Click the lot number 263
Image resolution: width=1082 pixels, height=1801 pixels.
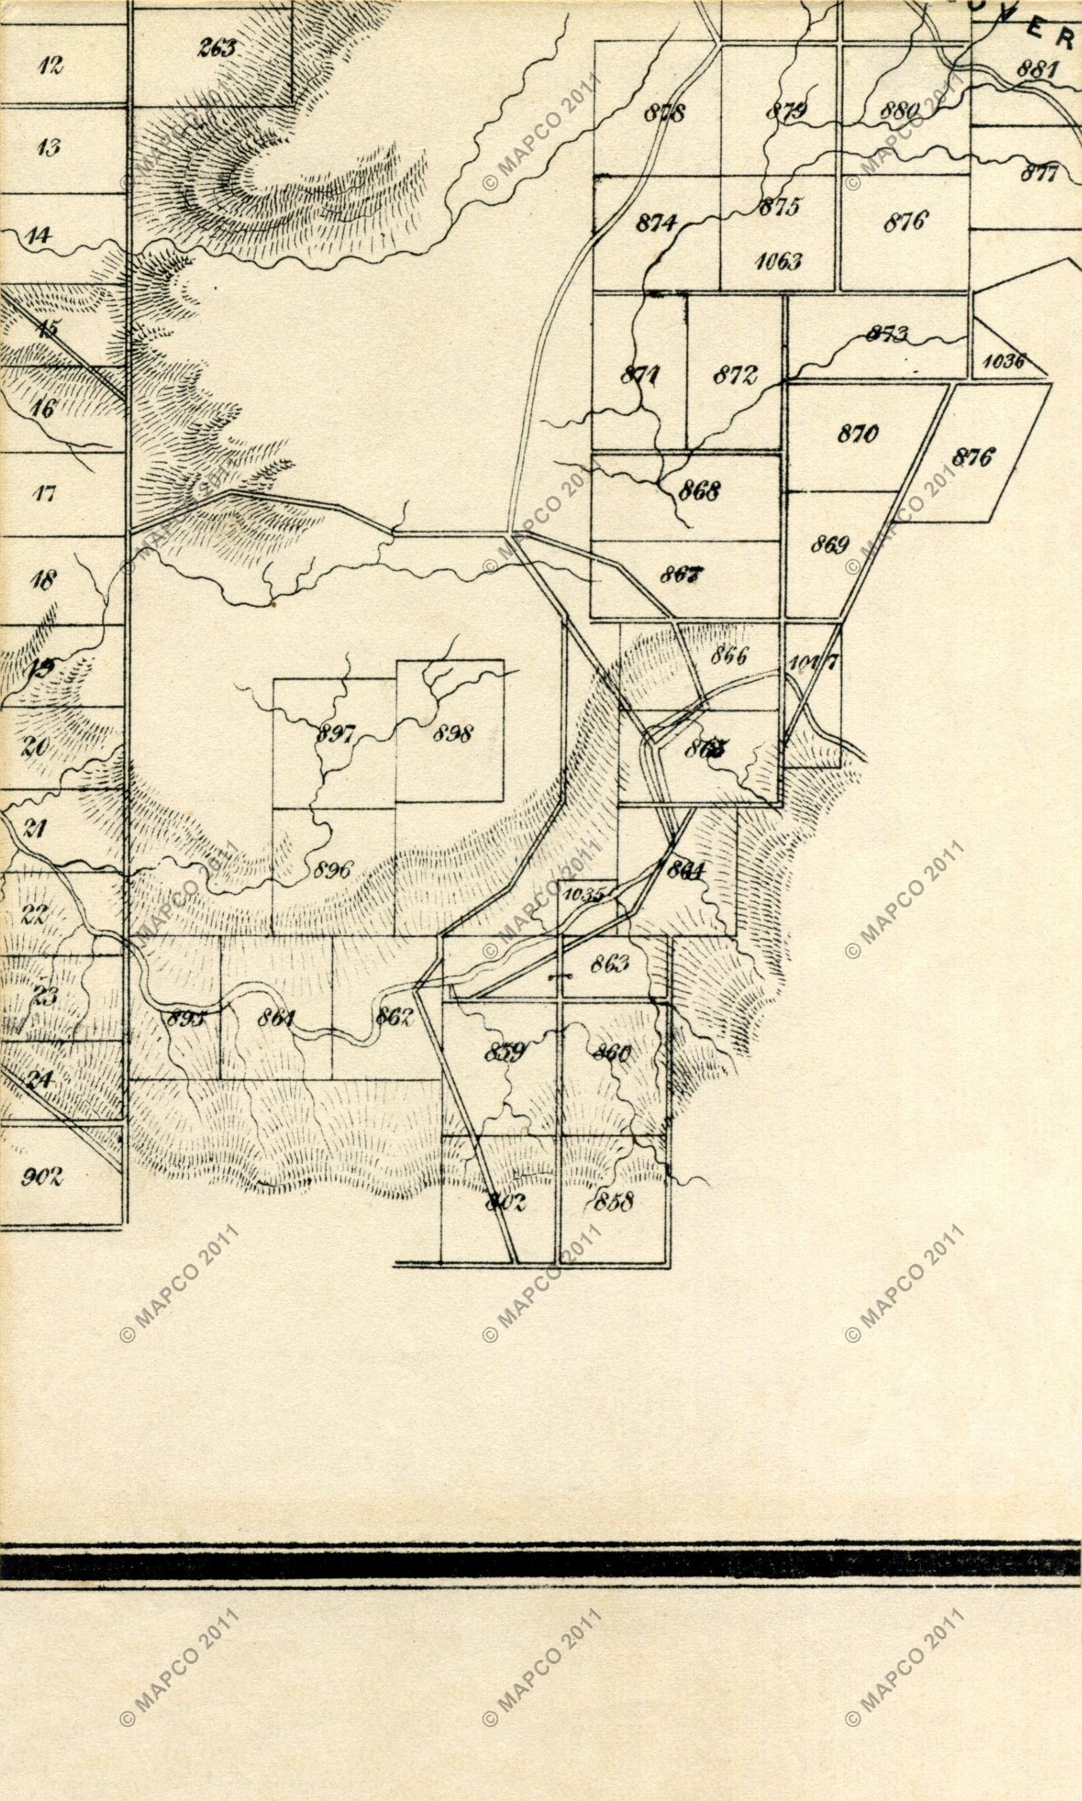[217, 49]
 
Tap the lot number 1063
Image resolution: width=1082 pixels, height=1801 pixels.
[778, 261]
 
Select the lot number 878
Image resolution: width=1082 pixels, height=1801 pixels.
[664, 113]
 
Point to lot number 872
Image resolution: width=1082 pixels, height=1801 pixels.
[734, 376]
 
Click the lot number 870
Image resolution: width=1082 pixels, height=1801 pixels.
[857, 434]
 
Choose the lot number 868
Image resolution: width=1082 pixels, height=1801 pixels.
[698, 491]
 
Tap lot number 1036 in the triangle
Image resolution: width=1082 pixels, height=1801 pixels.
[1003, 361]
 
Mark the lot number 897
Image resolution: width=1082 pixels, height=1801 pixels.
[334, 734]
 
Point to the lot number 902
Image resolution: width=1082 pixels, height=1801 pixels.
[42, 1176]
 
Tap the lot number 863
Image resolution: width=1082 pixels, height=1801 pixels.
[609, 964]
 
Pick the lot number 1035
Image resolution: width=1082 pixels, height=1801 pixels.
[583, 894]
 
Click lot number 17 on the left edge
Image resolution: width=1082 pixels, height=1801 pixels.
[46, 494]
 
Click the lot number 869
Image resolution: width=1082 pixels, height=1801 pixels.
[830, 545]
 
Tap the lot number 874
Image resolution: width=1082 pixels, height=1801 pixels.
[657, 222]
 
